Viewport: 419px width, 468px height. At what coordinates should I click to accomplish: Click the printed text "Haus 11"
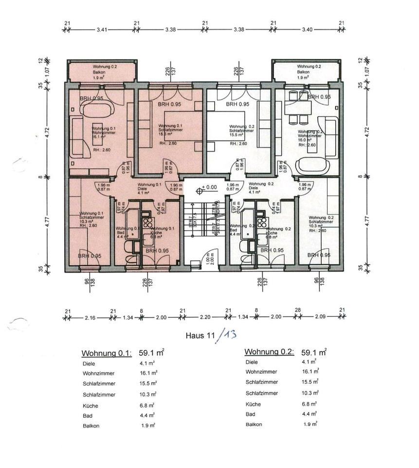[x=200, y=335]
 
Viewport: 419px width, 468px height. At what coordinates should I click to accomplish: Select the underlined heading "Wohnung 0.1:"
[x=107, y=353]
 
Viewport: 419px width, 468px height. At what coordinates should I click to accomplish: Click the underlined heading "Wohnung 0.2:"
[x=269, y=352]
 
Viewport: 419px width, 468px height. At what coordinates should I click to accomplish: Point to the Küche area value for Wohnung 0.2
[x=309, y=404]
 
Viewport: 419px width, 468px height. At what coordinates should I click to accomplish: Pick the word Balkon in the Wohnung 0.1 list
[x=91, y=426]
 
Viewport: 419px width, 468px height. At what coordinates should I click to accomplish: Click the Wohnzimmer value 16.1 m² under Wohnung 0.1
[x=148, y=372]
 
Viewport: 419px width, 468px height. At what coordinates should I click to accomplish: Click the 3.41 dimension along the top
[x=102, y=30]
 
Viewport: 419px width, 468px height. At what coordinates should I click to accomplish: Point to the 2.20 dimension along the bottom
[x=204, y=318]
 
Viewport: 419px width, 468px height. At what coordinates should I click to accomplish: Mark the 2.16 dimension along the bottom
[x=91, y=318]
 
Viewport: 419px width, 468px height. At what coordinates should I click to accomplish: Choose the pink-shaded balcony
[x=101, y=71]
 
